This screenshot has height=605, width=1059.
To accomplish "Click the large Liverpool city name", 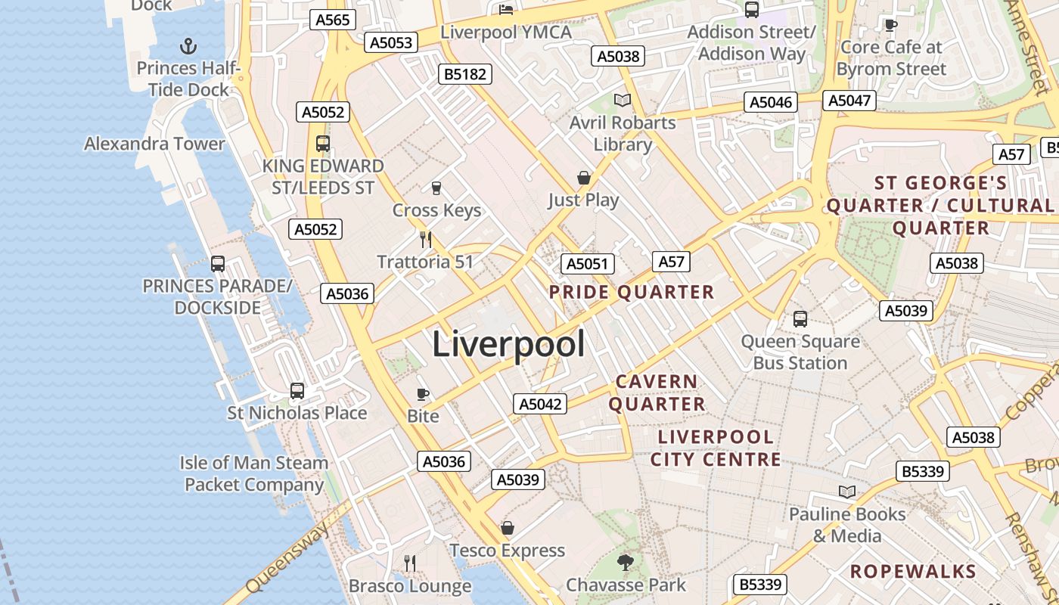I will [x=508, y=345].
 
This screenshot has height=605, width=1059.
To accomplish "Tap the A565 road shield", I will [x=333, y=20].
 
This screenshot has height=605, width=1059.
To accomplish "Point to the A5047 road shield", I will [x=851, y=101].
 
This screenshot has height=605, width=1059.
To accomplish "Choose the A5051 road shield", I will [x=587, y=264].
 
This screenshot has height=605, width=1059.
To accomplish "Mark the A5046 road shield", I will [x=771, y=103].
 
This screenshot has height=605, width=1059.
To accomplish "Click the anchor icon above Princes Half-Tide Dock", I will [x=188, y=47].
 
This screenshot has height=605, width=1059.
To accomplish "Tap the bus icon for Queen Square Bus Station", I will [x=800, y=319].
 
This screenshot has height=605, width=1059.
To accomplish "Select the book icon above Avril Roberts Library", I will [x=622, y=101].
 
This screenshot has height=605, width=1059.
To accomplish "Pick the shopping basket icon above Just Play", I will [x=583, y=178].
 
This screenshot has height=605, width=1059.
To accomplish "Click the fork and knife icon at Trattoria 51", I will [x=426, y=240].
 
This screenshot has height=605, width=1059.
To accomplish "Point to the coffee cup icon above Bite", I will [x=423, y=394].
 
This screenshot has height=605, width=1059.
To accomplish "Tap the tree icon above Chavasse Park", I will [x=625, y=562].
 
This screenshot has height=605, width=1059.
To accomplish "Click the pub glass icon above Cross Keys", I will [x=436, y=188].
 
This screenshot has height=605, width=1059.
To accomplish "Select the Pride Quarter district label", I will [x=631, y=292].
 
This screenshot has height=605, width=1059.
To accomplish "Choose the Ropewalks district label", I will [x=913, y=571].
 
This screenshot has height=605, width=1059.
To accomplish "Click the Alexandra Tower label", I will [x=154, y=144].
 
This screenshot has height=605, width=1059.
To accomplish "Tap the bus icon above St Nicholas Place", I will [x=297, y=391].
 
